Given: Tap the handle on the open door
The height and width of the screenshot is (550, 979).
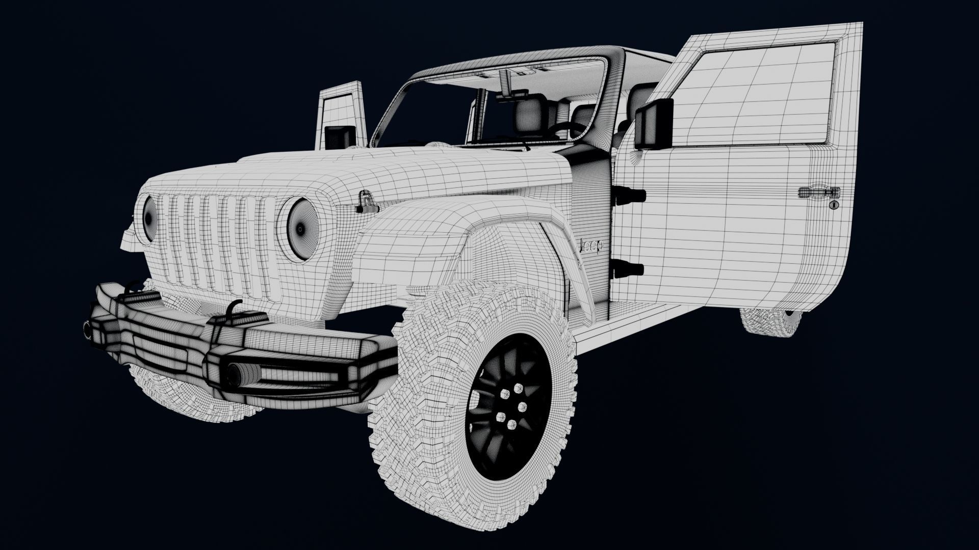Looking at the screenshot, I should [818, 192].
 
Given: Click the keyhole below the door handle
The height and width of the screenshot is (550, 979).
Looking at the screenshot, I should [833, 205].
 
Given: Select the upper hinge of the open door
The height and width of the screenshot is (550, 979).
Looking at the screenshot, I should [629, 196].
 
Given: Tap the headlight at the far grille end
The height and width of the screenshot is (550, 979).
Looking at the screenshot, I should [149, 218].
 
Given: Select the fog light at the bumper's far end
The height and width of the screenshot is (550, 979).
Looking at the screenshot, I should [88, 330].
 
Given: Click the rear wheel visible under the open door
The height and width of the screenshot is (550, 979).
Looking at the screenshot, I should [770, 321].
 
